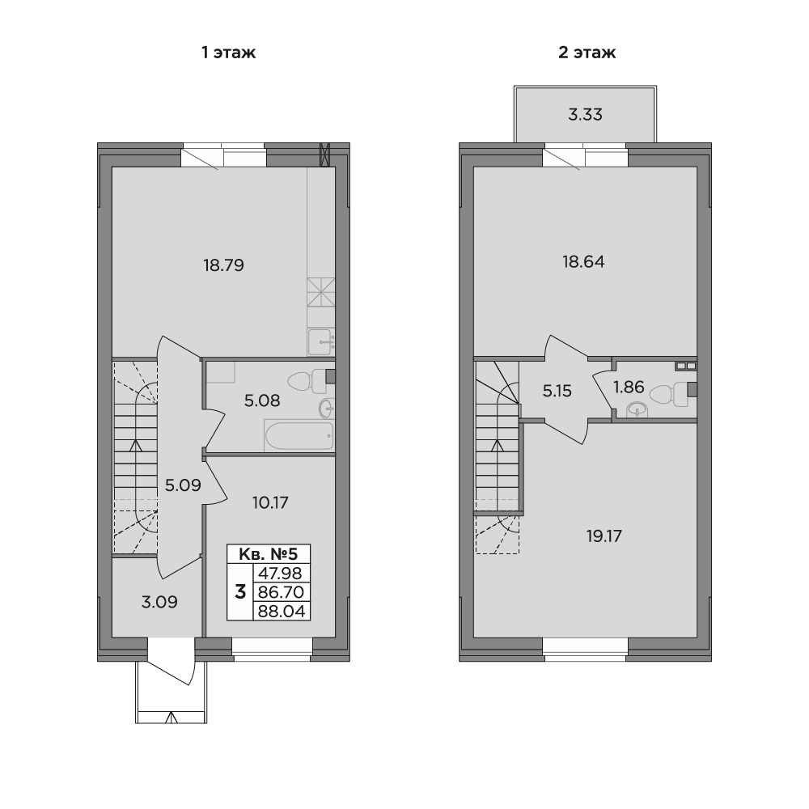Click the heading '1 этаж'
click(229, 53)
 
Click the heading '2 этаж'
click(587, 53)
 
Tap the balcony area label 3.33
click(585, 114)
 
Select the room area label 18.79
click(223, 265)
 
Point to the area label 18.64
click(583, 261)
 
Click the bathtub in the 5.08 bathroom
click(299, 437)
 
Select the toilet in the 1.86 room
click(668, 394)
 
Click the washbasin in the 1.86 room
click(639, 410)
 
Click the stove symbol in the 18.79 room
click(321, 292)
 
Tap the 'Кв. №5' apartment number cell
click(269, 554)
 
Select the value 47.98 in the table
click(281, 573)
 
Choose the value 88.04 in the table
click(282, 612)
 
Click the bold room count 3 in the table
click(240, 592)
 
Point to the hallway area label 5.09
click(183, 485)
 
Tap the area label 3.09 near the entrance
click(159, 602)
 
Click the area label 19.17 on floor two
click(604, 536)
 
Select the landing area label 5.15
click(557, 391)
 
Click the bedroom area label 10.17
click(270, 502)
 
